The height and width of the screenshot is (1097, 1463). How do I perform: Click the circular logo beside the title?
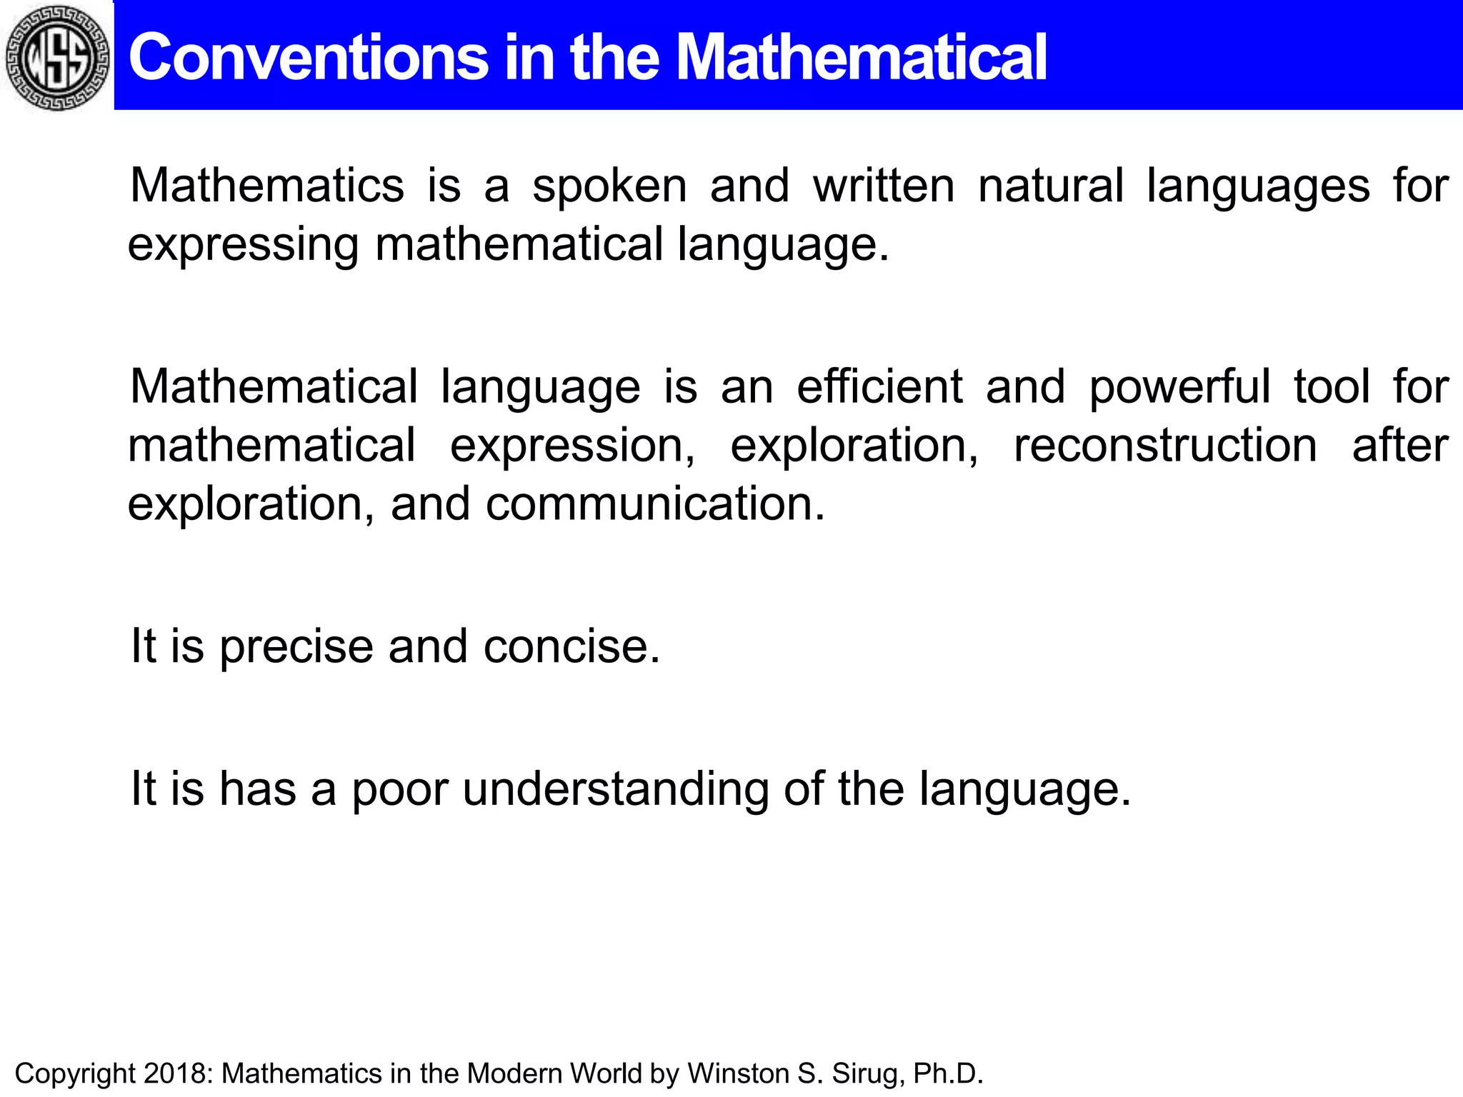pos(57,57)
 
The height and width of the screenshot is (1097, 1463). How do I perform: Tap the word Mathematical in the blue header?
pos(861,58)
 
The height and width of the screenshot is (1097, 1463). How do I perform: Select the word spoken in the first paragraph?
pos(609,187)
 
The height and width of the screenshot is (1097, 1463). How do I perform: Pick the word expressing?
pos(242,246)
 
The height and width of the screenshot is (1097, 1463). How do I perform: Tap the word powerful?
pos(1179,389)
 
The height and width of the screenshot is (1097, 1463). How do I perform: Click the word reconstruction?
pos(1165,446)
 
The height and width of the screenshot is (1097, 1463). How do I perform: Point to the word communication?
pos(654,504)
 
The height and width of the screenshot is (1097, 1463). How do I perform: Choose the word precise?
pos(296,648)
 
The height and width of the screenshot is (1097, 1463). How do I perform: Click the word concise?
pos(571,647)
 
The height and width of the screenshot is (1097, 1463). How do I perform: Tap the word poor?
pos(400,791)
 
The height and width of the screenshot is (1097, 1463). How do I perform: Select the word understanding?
pos(615,791)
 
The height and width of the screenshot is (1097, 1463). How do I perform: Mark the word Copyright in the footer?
pos(75,1074)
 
